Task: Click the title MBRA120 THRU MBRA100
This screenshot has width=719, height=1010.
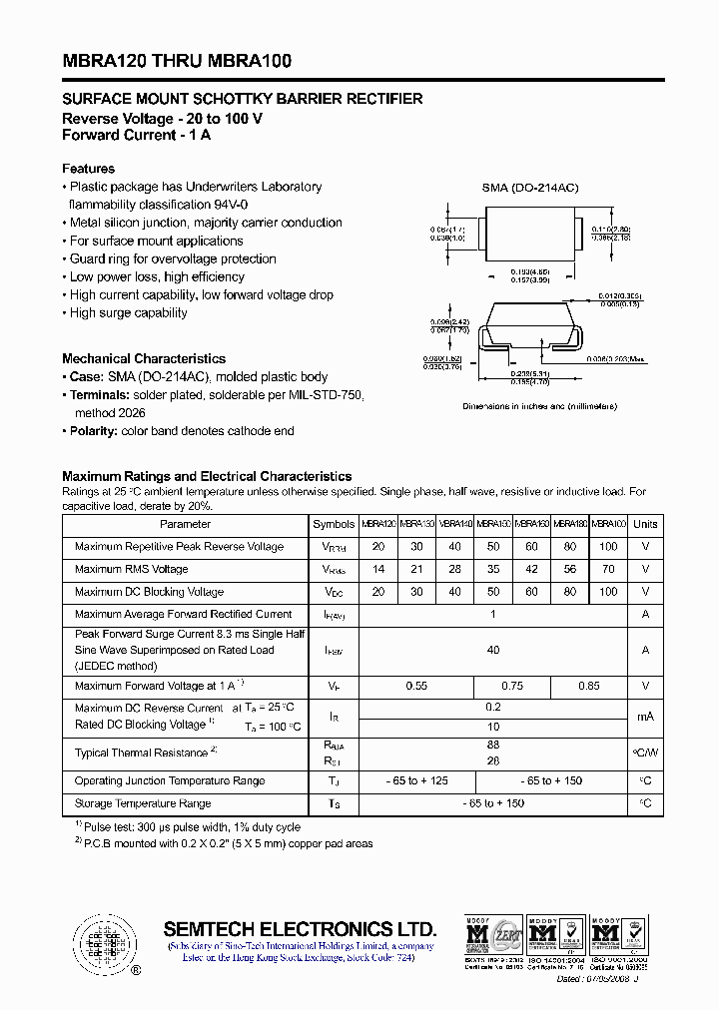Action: pyautogui.click(x=177, y=62)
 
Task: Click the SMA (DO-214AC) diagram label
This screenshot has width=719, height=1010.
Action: pyautogui.click(x=530, y=188)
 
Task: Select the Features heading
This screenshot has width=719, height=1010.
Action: pyautogui.click(x=88, y=169)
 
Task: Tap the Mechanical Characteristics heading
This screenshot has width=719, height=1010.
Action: pyautogui.click(x=144, y=358)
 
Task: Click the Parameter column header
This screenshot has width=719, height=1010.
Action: pyautogui.click(x=186, y=524)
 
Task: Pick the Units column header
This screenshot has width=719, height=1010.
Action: pyautogui.click(x=645, y=524)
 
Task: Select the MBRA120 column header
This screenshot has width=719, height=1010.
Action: pyautogui.click(x=378, y=524)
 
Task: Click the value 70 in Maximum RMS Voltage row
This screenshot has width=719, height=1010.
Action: pyautogui.click(x=608, y=569)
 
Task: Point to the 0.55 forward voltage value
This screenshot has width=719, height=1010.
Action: pyautogui.click(x=415, y=686)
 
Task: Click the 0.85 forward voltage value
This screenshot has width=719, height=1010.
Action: pyautogui.click(x=589, y=686)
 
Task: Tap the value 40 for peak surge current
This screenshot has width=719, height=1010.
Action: pyautogui.click(x=492, y=650)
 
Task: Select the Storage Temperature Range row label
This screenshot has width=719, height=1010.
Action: pyautogui.click(x=143, y=803)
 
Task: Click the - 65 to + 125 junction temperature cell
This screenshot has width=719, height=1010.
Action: pyautogui.click(x=415, y=780)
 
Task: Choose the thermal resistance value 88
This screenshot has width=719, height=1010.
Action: pyautogui.click(x=492, y=744)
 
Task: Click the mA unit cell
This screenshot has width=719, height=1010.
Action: pyautogui.click(x=645, y=717)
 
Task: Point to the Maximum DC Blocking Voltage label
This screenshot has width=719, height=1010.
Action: pyautogui.click(x=149, y=592)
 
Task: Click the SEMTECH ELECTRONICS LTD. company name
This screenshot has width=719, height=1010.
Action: pyautogui.click(x=300, y=927)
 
